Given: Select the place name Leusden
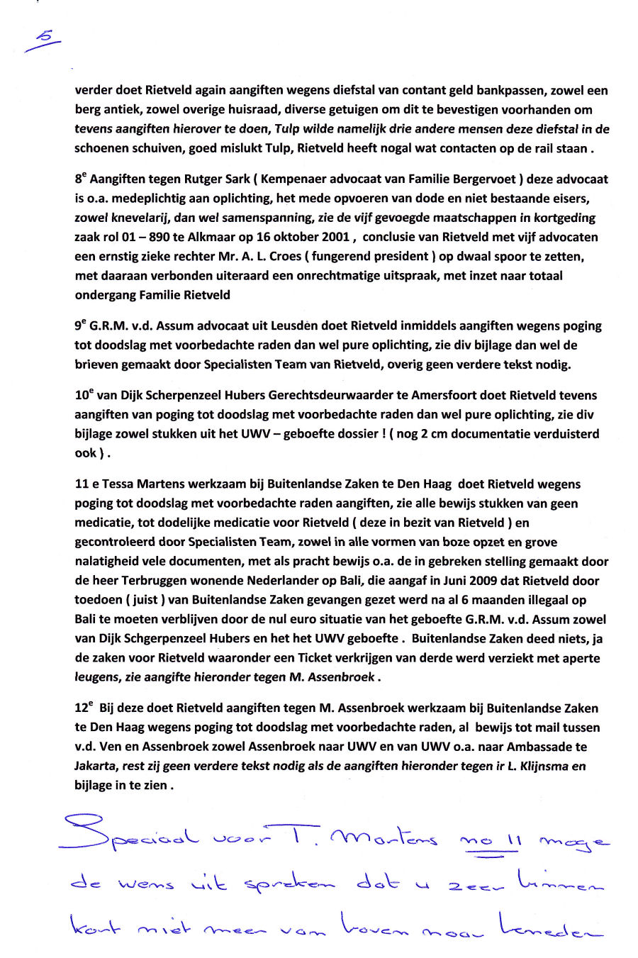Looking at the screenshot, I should (289, 326).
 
